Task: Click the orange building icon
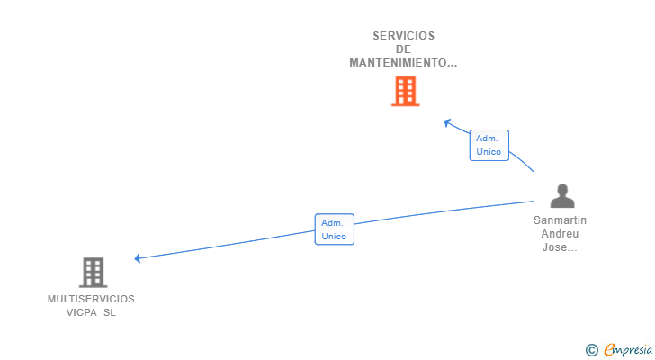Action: [x=405, y=91]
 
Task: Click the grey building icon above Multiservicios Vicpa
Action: [x=93, y=272]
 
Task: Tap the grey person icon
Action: [x=562, y=195]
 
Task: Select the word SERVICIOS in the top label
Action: [x=404, y=36]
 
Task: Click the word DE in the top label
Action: [x=404, y=49]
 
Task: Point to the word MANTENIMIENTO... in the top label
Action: [x=404, y=63]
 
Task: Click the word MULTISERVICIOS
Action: [x=91, y=299]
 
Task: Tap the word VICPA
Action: [x=83, y=313]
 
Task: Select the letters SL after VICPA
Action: [x=110, y=313]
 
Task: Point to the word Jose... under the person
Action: [x=559, y=247]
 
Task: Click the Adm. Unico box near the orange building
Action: [x=489, y=145]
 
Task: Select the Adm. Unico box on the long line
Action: [x=334, y=229]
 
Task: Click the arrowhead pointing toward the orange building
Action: [x=447, y=121]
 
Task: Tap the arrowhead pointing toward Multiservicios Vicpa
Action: [x=139, y=258]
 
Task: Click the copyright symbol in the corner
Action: [x=591, y=350]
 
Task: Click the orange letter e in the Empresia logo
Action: [x=610, y=350]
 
